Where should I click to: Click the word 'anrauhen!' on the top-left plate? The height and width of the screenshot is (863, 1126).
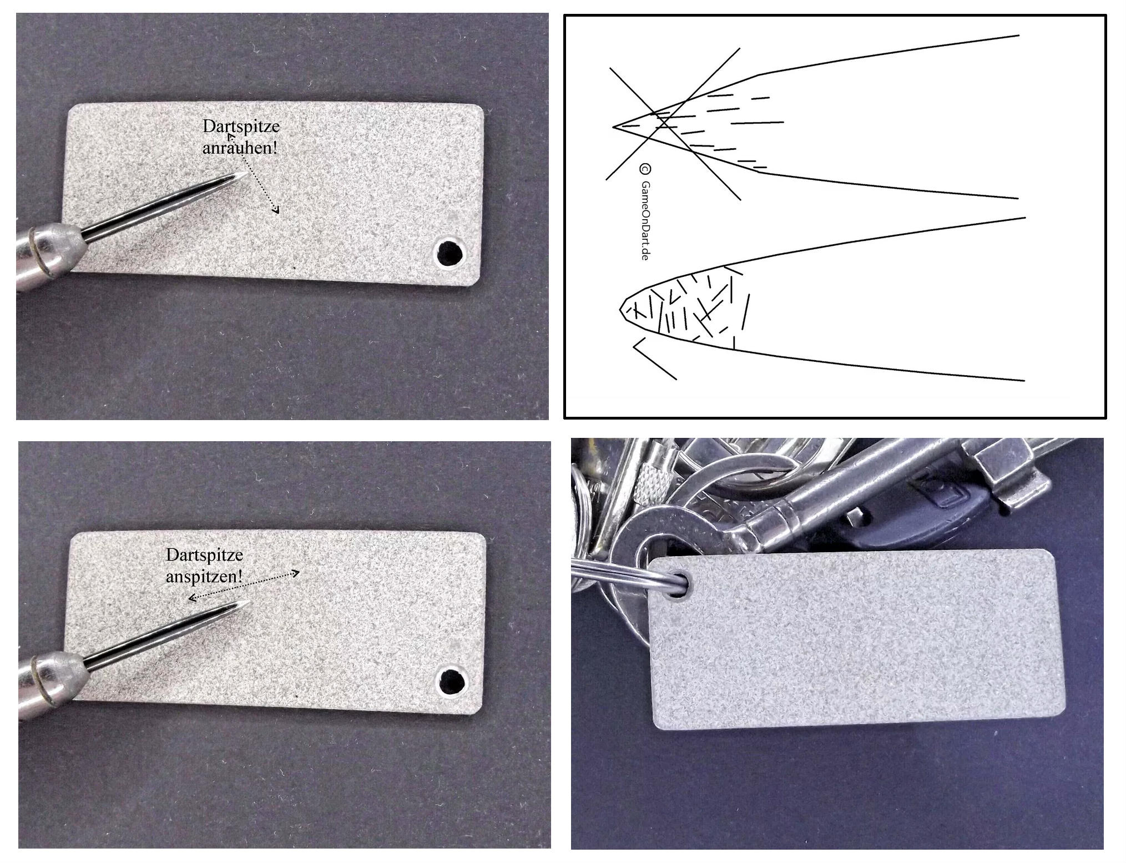[x=239, y=148]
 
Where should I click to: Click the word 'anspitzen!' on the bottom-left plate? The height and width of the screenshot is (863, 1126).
[x=204, y=576]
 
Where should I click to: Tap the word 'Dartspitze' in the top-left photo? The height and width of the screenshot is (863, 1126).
[x=241, y=127]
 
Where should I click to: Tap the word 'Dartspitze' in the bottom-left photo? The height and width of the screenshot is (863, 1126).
[x=204, y=555]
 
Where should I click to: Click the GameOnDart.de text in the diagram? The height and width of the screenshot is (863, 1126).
[x=645, y=220]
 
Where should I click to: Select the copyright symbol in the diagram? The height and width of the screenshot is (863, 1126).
[x=645, y=169]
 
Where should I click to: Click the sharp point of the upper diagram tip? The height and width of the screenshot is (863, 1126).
[x=613, y=127]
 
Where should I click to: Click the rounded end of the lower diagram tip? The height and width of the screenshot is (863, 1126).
[x=621, y=309]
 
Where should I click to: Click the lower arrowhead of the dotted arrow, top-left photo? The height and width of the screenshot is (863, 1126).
[x=276, y=209]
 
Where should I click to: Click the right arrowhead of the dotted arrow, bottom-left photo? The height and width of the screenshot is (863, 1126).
[x=296, y=573]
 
